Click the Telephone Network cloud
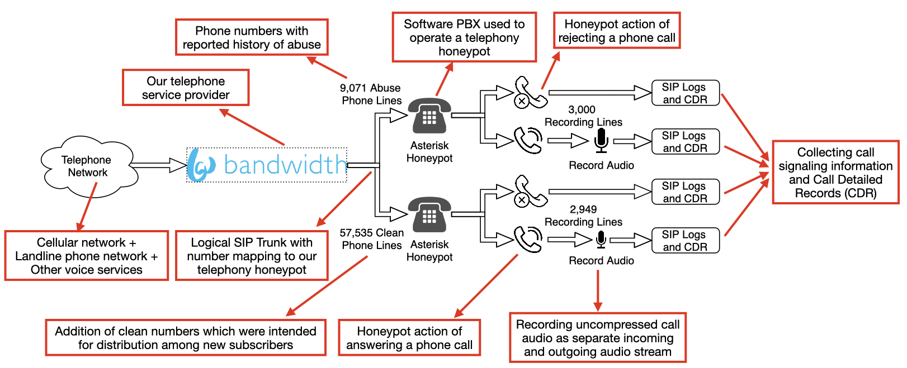(x=87, y=166)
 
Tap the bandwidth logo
(x=267, y=165)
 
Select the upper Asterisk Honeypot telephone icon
(x=429, y=116)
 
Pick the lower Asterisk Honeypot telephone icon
(x=429, y=215)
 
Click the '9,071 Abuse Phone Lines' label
(x=371, y=94)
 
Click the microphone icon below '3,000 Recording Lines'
(x=601, y=140)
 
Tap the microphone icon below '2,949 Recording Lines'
(x=601, y=240)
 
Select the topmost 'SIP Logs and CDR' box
(x=685, y=93)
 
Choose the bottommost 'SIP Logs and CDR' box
(x=685, y=241)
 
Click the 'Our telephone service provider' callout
(x=186, y=88)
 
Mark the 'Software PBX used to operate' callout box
(x=464, y=37)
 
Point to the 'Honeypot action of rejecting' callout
(x=617, y=31)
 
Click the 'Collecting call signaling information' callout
(x=835, y=173)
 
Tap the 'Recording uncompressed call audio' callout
(x=597, y=338)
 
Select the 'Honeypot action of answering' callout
(x=409, y=338)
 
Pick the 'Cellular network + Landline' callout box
(x=87, y=256)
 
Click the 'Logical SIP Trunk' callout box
(x=252, y=256)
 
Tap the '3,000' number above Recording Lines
(x=582, y=109)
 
